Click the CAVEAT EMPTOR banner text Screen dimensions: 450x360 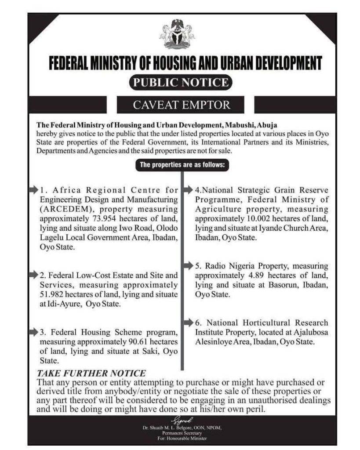tap(180, 105)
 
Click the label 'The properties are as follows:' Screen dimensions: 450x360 tap(182, 166)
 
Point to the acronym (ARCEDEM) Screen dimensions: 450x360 tap(61, 208)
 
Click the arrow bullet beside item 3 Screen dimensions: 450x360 tap(33, 331)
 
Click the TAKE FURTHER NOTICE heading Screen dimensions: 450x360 tap(91, 373)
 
